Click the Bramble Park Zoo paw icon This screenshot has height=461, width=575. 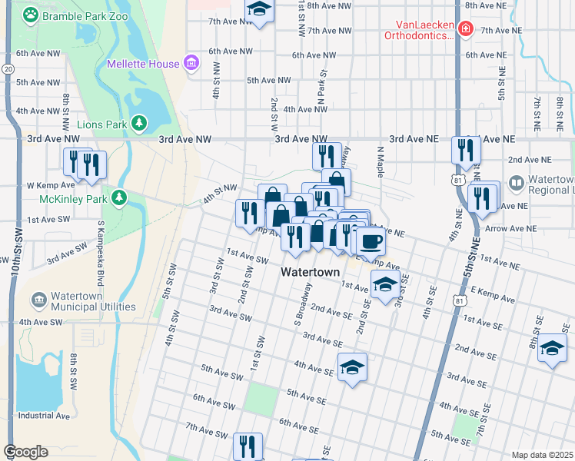pyautogui.click(x=30, y=15)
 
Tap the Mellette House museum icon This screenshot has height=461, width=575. pyautogui.click(x=191, y=64)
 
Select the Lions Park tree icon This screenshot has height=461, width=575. pyautogui.click(x=139, y=122)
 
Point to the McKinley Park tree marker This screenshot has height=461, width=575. pyautogui.click(x=119, y=198)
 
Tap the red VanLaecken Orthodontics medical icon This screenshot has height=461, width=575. pyautogui.click(x=464, y=30)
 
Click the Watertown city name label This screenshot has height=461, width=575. pyautogui.click(x=310, y=272)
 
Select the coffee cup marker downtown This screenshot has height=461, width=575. pyautogui.click(x=371, y=241)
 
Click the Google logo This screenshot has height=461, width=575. pyautogui.click(x=25, y=452)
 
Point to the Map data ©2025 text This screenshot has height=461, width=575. pyautogui.click(x=541, y=455)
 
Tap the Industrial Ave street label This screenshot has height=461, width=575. pyautogui.click(x=44, y=416)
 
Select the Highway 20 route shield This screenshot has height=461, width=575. pyautogui.click(x=8, y=69)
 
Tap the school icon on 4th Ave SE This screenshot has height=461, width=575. pyautogui.click(x=352, y=366)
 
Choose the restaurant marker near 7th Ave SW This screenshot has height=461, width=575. pyautogui.click(x=248, y=446)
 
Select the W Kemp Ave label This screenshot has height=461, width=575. pyautogui.click(x=51, y=185)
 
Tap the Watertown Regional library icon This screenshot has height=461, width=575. pyautogui.click(x=516, y=184)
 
